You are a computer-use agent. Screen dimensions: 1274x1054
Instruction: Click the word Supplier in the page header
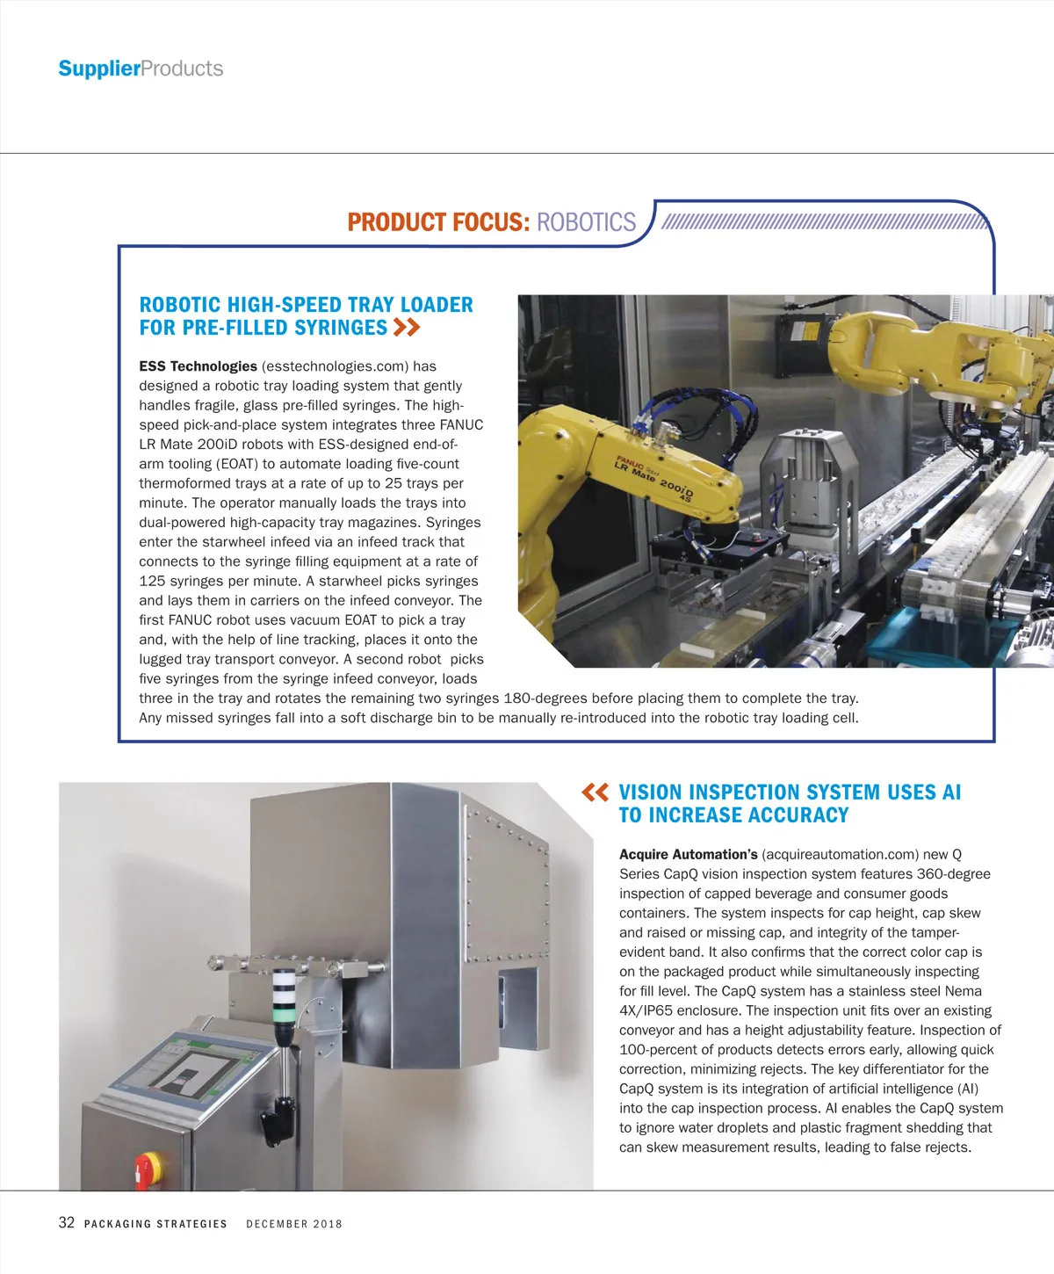(x=98, y=69)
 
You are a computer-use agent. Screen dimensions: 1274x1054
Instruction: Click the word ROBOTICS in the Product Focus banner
(x=586, y=222)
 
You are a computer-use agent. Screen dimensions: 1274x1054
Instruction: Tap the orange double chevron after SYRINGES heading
(x=407, y=328)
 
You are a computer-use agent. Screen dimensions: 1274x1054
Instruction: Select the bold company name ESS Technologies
(x=198, y=366)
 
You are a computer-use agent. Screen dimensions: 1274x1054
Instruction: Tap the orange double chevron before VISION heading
(x=596, y=793)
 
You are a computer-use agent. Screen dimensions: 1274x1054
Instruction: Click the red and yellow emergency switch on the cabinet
(x=143, y=1171)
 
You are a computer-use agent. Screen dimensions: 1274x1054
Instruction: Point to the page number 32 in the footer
(x=67, y=1223)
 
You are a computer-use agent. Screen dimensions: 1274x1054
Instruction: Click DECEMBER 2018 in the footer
(x=294, y=1224)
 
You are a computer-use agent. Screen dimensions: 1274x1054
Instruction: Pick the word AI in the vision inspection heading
(x=951, y=793)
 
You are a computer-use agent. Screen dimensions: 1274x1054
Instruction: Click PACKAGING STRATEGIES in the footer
(x=155, y=1224)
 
